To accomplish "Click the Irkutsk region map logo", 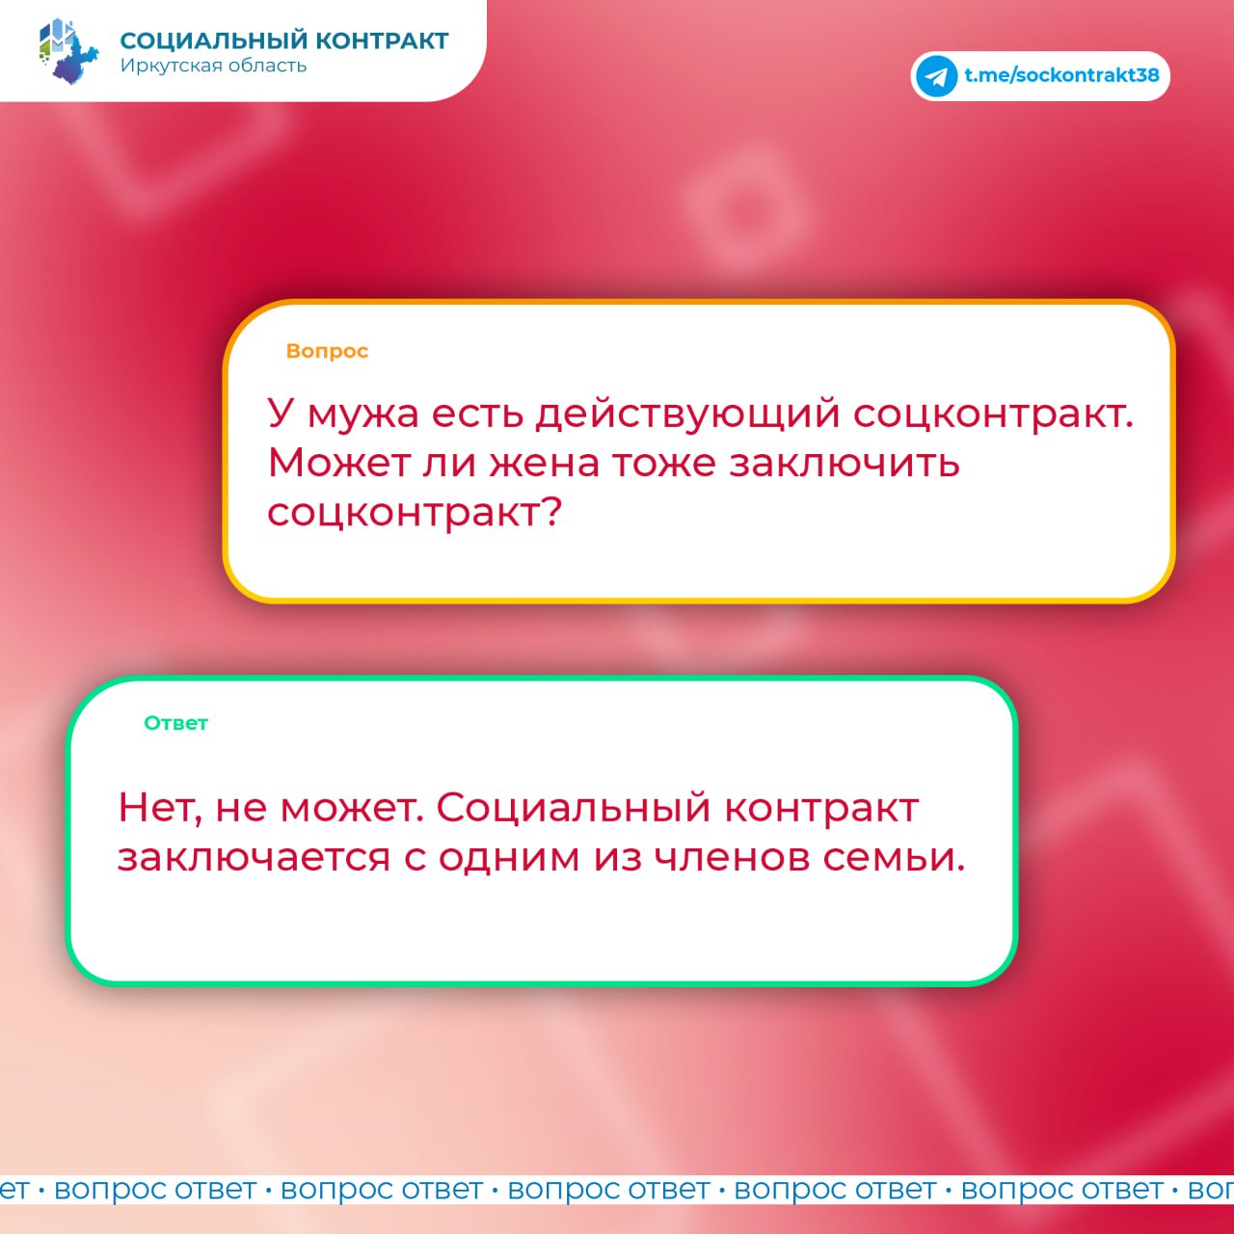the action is click(68, 51).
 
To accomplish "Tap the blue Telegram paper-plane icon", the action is click(936, 76).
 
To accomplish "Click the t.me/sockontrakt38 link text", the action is click(1061, 75).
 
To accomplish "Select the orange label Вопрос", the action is click(327, 352).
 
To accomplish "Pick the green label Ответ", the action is click(176, 723).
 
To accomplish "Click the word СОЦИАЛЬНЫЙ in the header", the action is click(215, 40).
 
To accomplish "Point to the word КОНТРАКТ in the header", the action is click(383, 40).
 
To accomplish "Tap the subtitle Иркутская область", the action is click(213, 66).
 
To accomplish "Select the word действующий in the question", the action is click(687, 414).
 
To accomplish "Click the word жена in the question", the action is click(545, 464).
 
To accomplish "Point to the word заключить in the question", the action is click(845, 464).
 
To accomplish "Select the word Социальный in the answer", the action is click(573, 808).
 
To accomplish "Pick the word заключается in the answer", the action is click(254, 858).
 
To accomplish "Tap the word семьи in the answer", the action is click(894, 858).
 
